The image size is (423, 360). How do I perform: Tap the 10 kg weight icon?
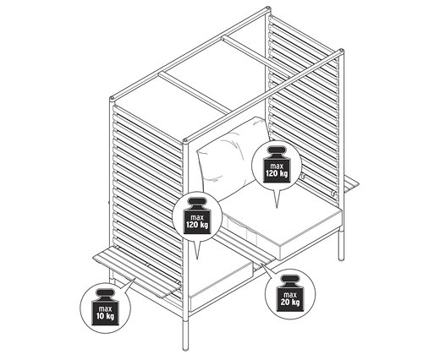[106, 308]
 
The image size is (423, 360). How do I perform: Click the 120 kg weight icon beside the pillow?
[277, 165]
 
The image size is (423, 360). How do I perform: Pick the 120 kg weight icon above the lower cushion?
[197, 215]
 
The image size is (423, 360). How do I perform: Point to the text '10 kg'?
[106, 316]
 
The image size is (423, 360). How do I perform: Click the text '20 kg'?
[290, 302]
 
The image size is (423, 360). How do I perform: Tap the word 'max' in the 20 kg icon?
[290, 295]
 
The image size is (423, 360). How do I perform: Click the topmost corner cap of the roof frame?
[266, 11]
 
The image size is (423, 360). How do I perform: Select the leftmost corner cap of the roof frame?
[113, 99]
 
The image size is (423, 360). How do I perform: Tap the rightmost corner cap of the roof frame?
[342, 52]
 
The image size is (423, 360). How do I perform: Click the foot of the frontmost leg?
[185, 348]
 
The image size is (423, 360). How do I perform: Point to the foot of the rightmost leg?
[341, 258]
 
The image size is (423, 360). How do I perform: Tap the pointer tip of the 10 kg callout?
[136, 278]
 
